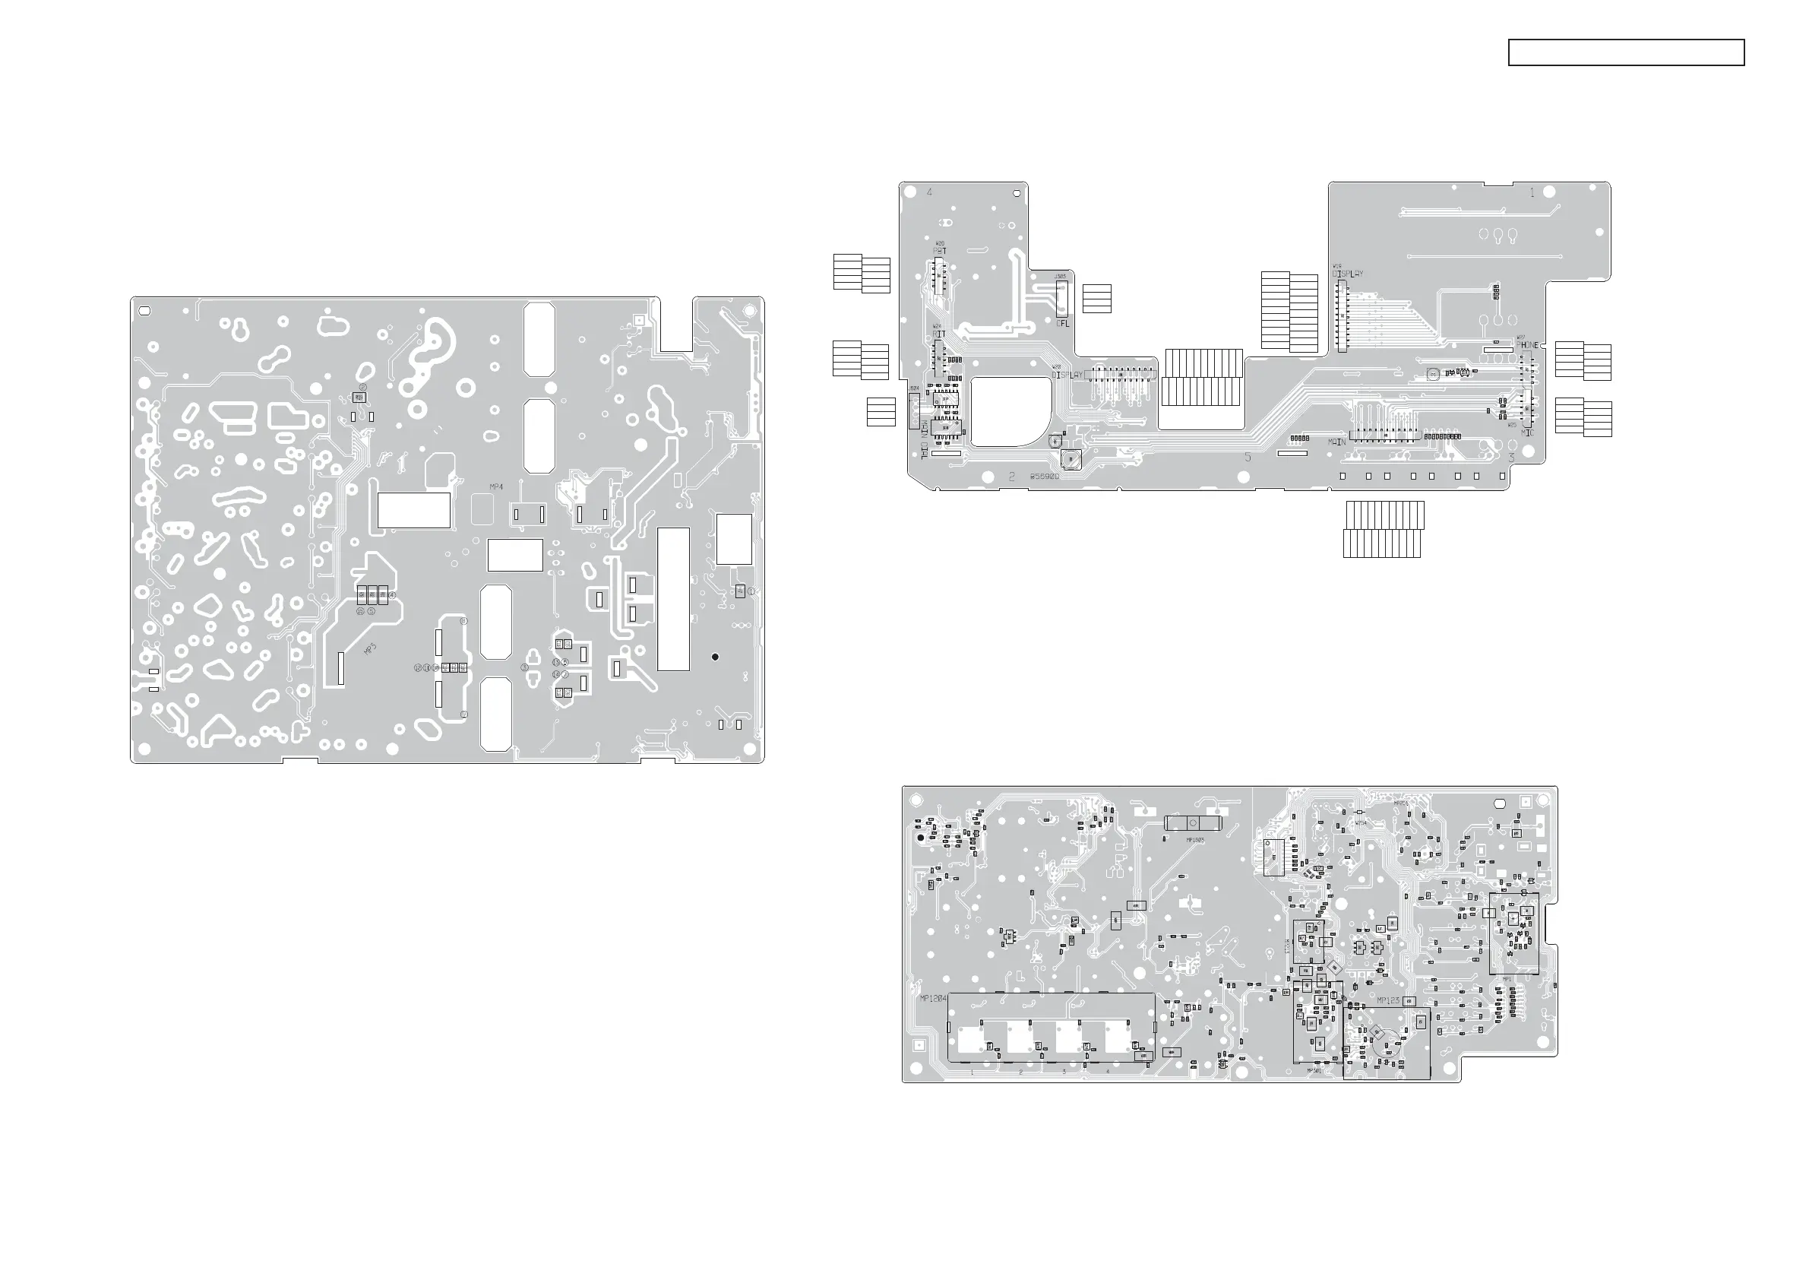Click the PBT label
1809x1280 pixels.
pos(940,251)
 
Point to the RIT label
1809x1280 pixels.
pos(939,334)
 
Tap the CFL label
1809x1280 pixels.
pos(1063,323)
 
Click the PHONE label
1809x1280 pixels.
pos(1528,345)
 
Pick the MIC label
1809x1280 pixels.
pos(1527,432)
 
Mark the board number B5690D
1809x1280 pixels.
pos(1045,477)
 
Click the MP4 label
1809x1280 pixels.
pos(496,487)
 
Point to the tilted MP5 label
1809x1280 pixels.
pos(370,649)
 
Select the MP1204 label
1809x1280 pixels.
pos(934,998)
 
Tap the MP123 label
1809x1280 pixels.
pos(1388,1000)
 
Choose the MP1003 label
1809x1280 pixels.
pos(1195,840)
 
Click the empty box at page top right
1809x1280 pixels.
pos(1626,52)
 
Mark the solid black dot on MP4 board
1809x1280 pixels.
pos(716,657)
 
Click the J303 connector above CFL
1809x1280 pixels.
pos(1061,296)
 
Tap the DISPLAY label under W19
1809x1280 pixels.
pos(1348,274)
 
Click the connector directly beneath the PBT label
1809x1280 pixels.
pos(939,275)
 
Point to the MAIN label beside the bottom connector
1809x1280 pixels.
pos(1337,442)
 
